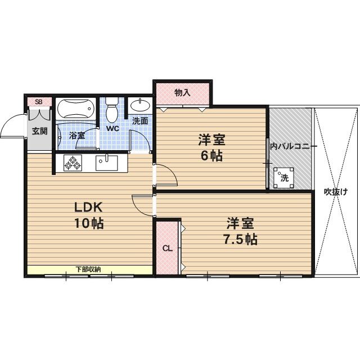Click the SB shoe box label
(x=39, y=102)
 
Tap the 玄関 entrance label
(x=39, y=132)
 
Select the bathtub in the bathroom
(x=77, y=109)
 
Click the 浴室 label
(x=77, y=136)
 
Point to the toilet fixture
(x=112, y=109)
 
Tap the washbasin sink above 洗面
(x=139, y=105)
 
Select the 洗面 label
(x=140, y=120)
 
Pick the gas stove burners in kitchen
(x=73, y=163)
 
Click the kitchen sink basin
(x=106, y=163)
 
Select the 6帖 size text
(x=212, y=155)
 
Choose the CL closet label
(x=167, y=248)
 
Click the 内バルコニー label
(x=292, y=146)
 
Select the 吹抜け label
(x=336, y=191)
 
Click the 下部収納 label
(x=88, y=269)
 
